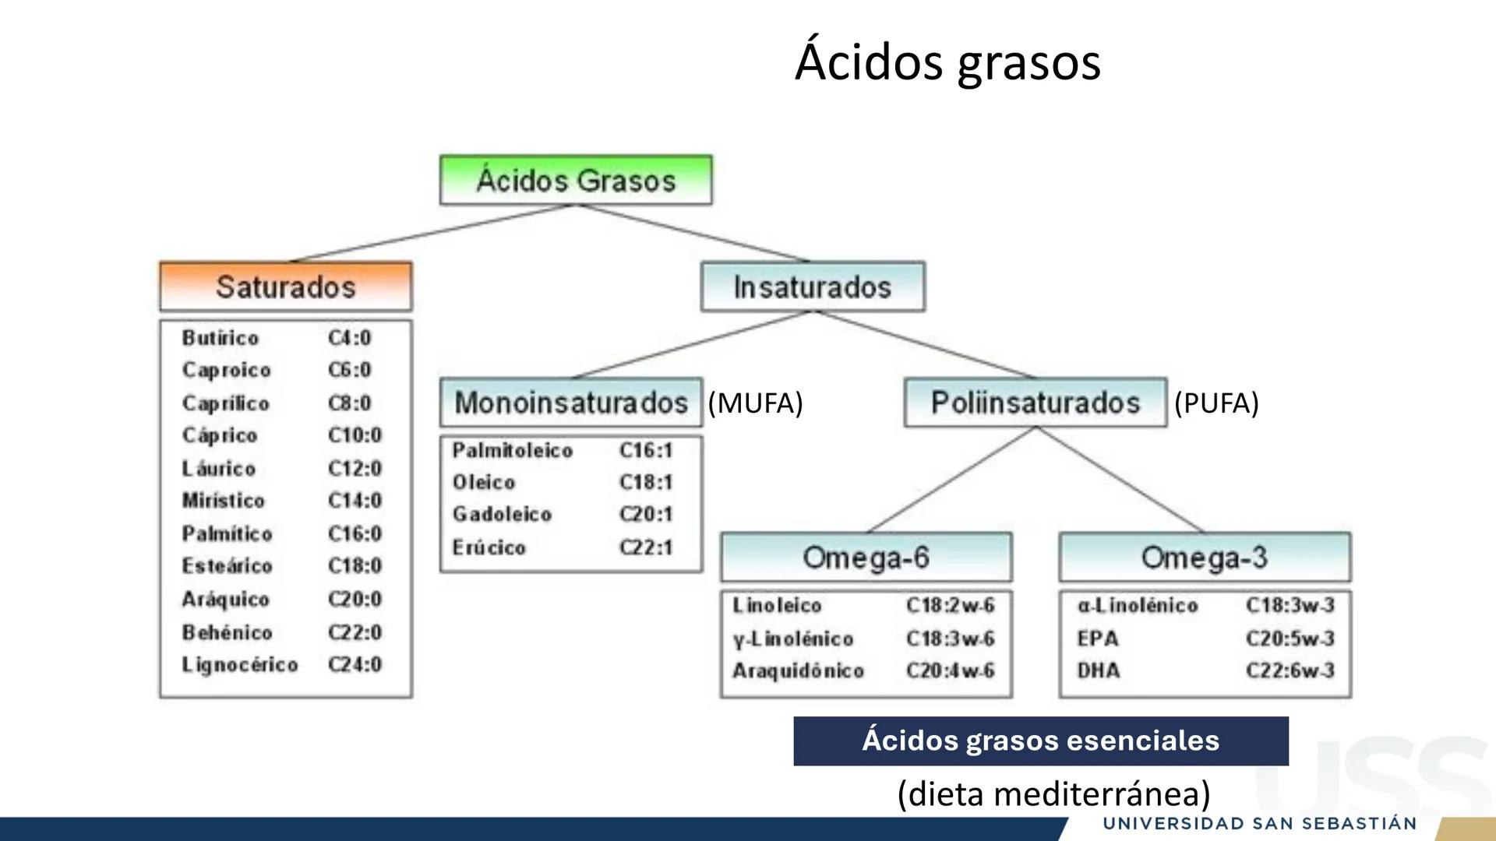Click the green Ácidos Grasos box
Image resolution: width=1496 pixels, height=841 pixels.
pyautogui.click(x=576, y=180)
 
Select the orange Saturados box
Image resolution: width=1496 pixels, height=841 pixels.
pyautogui.click(x=286, y=287)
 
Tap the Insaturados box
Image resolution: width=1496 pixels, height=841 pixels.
pyautogui.click(x=813, y=287)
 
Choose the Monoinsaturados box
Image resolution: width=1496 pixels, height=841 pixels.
pyautogui.click(x=571, y=403)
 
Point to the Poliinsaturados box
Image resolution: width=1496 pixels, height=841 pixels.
pyautogui.click(x=1036, y=403)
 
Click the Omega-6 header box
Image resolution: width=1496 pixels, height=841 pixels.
pyautogui.click(x=866, y=558)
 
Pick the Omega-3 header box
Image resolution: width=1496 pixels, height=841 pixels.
pyautogui.click(x=1205, y=558)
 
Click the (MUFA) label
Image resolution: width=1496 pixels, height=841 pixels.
pyautogui.click(x=755, y=403)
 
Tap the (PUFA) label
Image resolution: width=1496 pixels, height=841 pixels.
pyautogui.click(x=1216, y=403)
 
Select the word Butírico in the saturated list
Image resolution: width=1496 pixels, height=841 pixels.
pyautogui.click(x=221, y=338)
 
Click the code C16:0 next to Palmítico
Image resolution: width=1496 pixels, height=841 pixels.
pyautogui.click(x=355, y=533)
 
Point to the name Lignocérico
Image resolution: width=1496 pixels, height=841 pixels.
pyautogui.click(x=240, y=664)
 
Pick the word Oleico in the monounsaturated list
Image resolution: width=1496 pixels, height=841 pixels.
pyautogui.click(x=484, y=482)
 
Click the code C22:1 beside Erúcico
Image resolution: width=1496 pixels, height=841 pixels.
pyautogui.click(x=646, y=547)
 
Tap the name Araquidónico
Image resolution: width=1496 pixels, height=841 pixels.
pyautogui.click(x=799, y=670)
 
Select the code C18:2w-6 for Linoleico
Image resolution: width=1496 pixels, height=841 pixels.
pyautogui.click(x=951, y=605)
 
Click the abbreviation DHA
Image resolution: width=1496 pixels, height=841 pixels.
pyautogui.click(x=1099, y=670)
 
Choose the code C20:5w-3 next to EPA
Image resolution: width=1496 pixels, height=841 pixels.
pyautogui.click(x=1290, y=639)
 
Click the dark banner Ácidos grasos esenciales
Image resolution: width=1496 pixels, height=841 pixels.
pyautogui.click(x=1041, y=741)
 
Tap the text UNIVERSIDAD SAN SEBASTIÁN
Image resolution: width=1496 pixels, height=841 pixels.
pyautogui.click(x=1260, y=823)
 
